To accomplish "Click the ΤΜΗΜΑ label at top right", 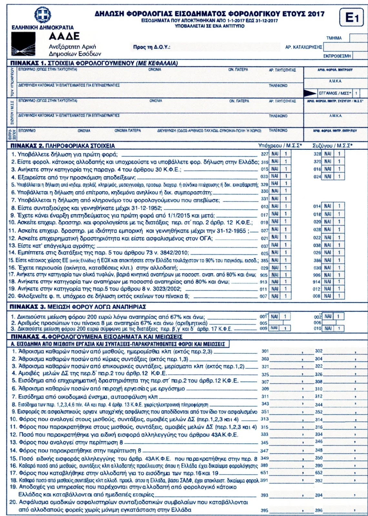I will [334, 38].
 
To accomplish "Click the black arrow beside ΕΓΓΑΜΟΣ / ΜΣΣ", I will [310, 93].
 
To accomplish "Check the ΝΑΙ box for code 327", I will [275, 154].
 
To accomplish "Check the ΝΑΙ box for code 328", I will [328, 154].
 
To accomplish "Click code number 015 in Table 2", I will [265, 169].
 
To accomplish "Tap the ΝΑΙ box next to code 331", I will [275, 199].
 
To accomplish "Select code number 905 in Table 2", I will [264, 275].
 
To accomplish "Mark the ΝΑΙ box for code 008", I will [328, 296].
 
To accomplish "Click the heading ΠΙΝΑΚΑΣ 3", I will [25, 306].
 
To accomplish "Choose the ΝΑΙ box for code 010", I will [328, 328].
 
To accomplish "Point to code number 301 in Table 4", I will [265, 351].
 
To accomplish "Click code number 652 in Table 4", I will [319, 473].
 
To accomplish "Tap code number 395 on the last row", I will [264, 511].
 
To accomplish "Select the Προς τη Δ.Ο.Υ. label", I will [151, 47].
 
